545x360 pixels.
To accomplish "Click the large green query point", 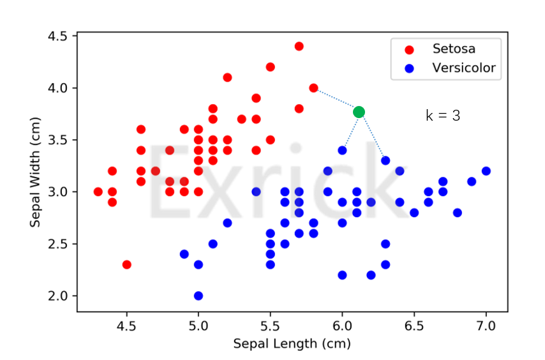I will pos(359,112).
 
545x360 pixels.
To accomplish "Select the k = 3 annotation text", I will pos(443,116).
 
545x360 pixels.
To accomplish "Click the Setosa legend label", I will pos(454,49).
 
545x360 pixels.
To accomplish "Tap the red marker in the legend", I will pos(409,49).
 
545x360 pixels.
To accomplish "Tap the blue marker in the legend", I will pos(409,68).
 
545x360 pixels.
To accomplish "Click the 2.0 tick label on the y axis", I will pos(58,296).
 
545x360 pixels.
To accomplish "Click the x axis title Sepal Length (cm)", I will pos(292,344).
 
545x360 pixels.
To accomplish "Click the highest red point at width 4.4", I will pos(299,46).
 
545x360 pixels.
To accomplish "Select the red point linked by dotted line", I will pos(313,87).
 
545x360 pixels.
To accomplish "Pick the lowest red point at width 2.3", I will pos(126,264).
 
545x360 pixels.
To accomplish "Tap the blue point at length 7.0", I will pos(486,170).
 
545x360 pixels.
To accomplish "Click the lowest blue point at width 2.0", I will pos(198,296).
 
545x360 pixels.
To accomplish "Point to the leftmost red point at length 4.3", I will pos(98,191).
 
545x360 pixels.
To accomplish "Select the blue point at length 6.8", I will pos(457,213).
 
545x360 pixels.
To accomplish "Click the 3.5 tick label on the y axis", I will pos(58,140).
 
